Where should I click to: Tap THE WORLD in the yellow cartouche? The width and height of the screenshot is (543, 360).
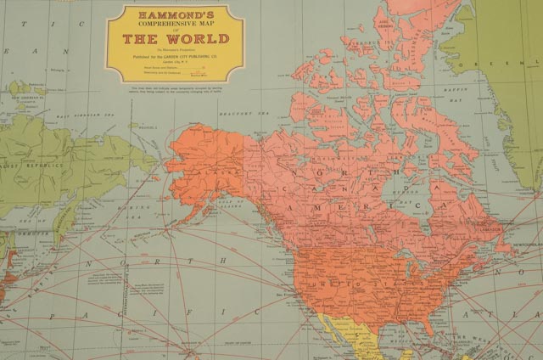tap(176, 39)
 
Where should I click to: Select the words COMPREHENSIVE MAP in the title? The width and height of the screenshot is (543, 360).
tap(176, 25)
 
